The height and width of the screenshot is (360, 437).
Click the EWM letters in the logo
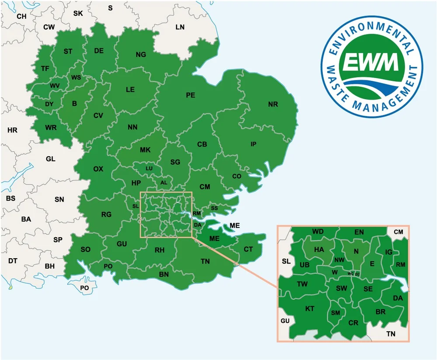point(371,62)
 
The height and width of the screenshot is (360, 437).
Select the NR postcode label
point(273,104)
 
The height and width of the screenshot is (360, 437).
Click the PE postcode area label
point(191,95)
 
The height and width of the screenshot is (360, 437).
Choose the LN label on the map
point(180,27)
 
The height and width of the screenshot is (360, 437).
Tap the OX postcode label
point(98,169)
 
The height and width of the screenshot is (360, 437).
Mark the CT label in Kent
point(248,249)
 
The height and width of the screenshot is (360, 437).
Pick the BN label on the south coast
point(164,274)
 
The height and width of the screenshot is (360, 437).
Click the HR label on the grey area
point(12,130)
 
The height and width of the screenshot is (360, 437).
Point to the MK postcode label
point(145,150)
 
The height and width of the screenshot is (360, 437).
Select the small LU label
point(149,168)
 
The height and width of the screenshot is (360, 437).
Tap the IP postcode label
point(253,144)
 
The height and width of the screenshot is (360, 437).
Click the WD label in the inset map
point(318,231)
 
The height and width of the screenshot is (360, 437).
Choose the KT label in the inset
point(310,308)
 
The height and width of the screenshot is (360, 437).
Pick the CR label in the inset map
point(353,323)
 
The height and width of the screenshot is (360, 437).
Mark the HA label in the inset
point(319,249)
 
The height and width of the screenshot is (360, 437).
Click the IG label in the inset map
point(389,252)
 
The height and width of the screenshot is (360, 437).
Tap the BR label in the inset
point(381,312)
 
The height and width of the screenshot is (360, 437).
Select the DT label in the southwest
point(13,261)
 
